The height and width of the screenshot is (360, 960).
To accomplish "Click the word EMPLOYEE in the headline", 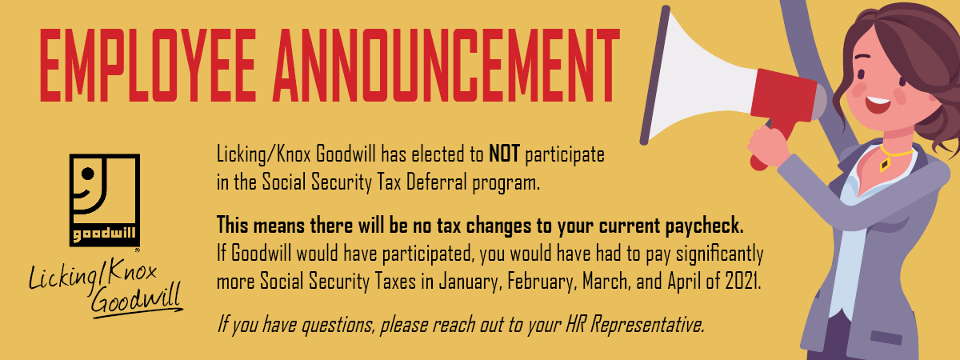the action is [x=148, y=65].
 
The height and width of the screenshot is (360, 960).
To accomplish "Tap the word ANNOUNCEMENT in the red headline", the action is [x=446, y=65].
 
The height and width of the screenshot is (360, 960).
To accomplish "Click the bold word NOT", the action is [x=505, y=154].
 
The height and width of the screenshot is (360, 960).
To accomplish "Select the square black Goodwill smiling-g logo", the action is [x=105, y=200].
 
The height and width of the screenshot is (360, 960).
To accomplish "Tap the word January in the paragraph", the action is [x=470, y=282].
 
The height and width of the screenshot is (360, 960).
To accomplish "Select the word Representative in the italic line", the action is [x=647, y=325].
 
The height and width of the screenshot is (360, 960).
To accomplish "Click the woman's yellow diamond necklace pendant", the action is [x=885, y=165].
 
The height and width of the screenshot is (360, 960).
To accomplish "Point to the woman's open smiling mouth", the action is [x=877, y=105].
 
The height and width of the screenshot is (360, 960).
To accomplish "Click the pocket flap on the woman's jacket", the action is [x=887, y=338].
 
